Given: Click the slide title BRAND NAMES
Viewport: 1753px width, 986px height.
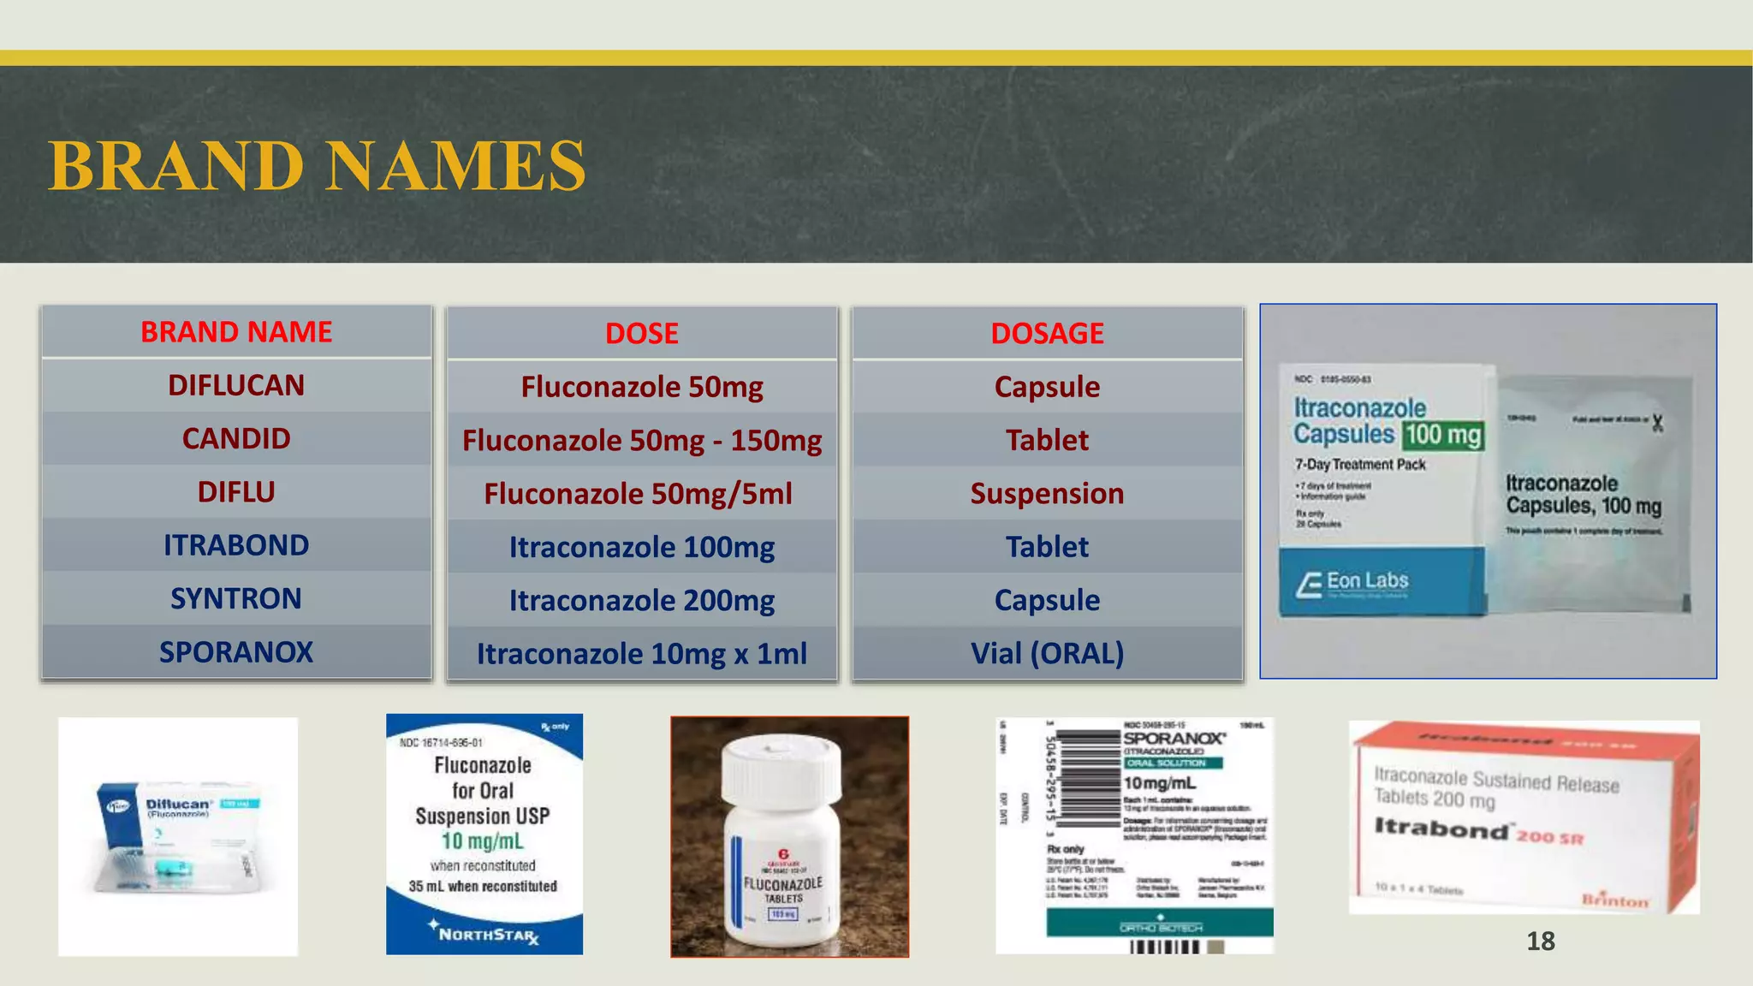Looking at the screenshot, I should (317, 165).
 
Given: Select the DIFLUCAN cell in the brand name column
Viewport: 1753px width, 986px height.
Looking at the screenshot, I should (236, 386).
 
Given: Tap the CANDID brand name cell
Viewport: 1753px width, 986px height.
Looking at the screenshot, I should (236, 439).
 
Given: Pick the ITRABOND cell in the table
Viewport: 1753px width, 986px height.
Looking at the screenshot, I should (236, 545).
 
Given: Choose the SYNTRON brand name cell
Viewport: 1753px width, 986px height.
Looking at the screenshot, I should (236, 599).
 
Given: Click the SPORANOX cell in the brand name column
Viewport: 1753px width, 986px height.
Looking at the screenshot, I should (236, 652).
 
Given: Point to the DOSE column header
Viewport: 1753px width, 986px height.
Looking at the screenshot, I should (642, 333).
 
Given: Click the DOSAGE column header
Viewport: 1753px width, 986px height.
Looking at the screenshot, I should (1047, 333).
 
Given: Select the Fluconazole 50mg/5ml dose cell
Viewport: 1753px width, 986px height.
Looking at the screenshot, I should (639, 494).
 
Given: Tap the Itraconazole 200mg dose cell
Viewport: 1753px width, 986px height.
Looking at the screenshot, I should (642, 601).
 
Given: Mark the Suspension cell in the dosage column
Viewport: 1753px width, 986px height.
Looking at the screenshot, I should (1047, 494).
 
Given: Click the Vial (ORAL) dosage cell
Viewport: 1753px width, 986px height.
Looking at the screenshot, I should (1047, 654).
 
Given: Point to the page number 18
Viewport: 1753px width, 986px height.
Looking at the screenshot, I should (1541, 941).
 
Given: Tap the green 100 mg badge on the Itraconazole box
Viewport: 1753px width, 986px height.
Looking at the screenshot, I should (1443, 435).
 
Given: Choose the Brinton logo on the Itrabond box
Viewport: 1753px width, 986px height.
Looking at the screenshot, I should (1614, 900).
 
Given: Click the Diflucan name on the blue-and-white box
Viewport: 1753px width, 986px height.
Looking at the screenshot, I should (178, 804).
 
